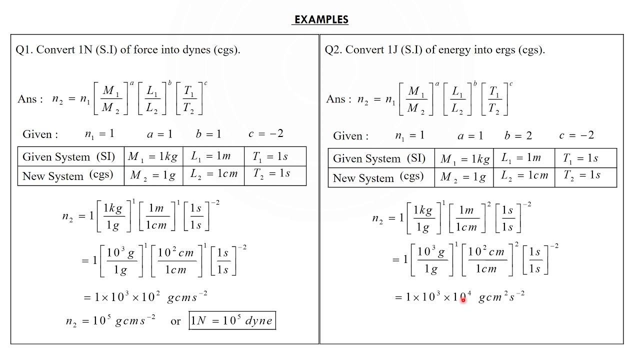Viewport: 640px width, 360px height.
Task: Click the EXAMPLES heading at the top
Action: click(321, 19)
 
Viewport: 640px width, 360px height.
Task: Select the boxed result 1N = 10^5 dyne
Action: click(232, 320)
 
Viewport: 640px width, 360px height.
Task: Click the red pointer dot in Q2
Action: click(463, 299)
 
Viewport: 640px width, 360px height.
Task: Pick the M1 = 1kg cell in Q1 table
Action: click(152, 156)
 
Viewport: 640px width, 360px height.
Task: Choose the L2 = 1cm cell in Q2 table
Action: click(524, 176)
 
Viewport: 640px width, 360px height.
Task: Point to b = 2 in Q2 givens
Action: click(518, 135)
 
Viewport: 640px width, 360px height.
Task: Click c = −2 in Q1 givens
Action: click(266, 133)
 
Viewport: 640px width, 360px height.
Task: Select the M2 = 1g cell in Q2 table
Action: click(463, 176)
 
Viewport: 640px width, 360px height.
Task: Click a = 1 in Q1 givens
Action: click(160, 134)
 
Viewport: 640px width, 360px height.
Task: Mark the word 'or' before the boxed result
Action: click(175, 321)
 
